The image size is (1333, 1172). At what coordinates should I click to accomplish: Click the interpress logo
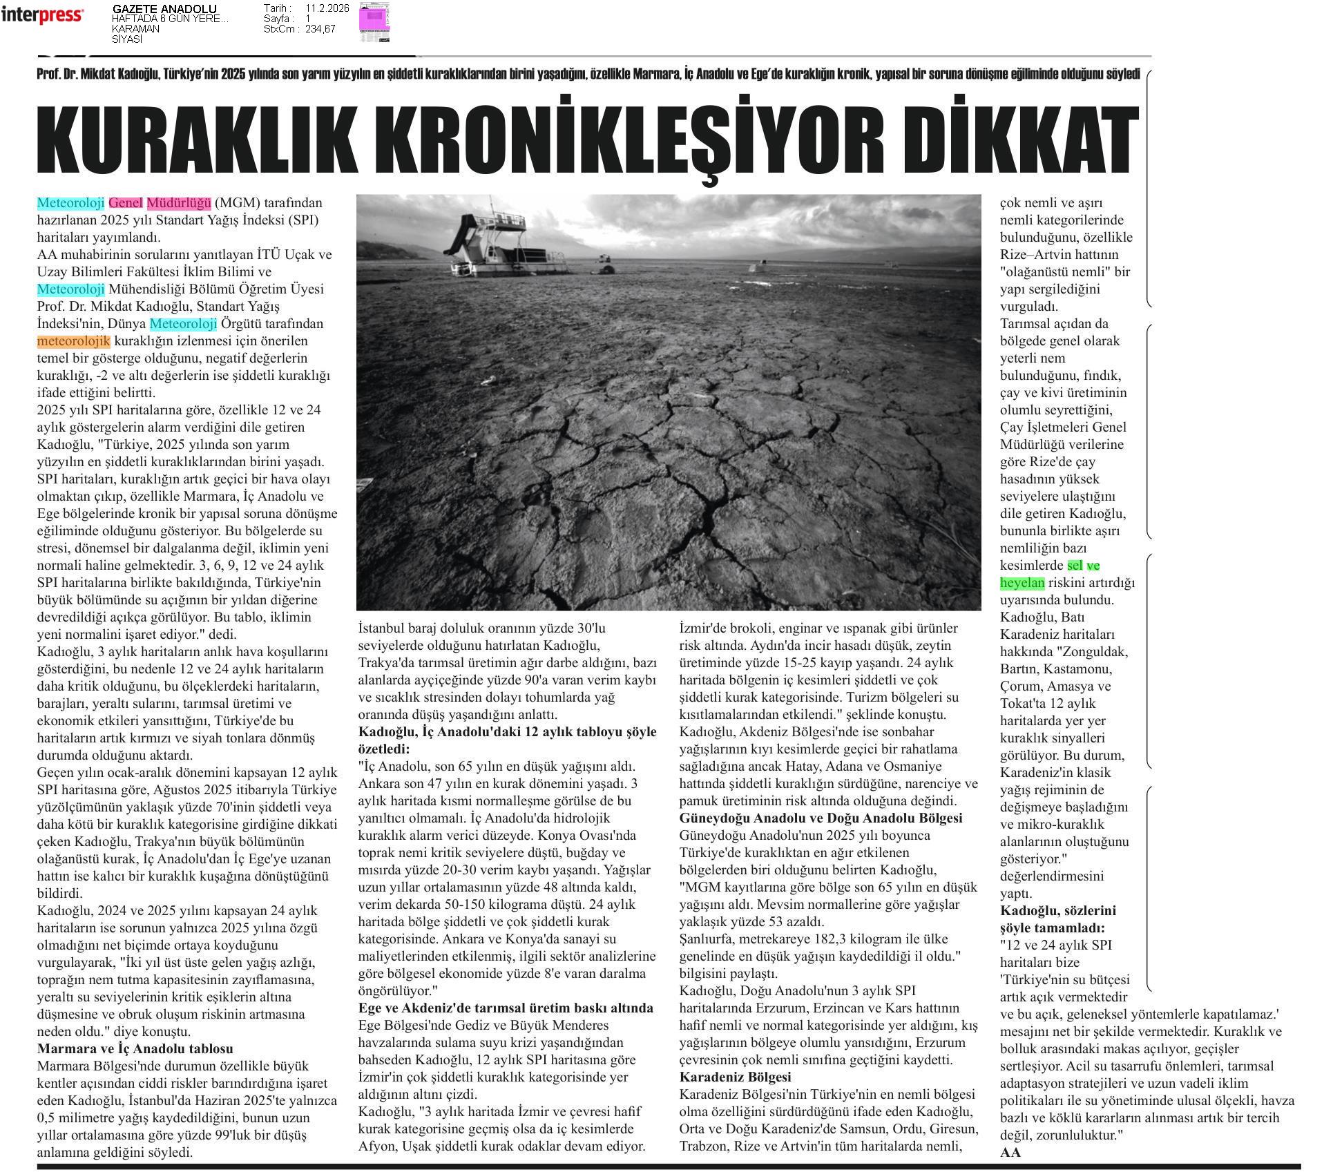[42, 15]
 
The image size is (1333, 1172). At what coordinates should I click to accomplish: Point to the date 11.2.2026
[327, 8]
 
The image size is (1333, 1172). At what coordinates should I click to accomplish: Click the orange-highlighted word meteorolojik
[73, 341]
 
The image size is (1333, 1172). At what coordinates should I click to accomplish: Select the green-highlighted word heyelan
[1022, 583]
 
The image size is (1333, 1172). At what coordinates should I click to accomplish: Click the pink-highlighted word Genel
[125, 203]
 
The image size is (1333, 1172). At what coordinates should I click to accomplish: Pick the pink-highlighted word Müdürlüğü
[178, 203]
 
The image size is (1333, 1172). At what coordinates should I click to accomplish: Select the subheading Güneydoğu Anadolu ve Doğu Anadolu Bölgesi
[821, 818]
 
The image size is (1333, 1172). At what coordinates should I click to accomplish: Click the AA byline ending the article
[1010, 1152]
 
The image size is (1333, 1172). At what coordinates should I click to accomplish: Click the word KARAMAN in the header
[135, 29]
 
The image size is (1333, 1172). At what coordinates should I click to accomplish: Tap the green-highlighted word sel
[1075, 566]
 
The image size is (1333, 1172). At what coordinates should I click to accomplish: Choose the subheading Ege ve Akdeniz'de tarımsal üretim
[506, 1008]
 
